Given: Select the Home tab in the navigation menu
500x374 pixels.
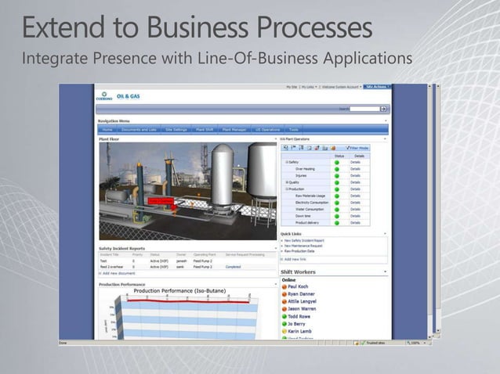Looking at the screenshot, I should [x=107, y=129].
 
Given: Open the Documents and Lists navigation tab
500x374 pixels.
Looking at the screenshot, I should [x=139, y=129].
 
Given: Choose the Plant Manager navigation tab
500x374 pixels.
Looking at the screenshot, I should [x=234, y=129].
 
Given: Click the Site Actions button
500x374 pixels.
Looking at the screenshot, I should [x=376, y=87].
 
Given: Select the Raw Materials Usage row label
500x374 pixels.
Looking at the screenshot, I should [x=311, y=196].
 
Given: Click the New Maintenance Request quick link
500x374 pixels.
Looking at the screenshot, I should [x=304, y=246].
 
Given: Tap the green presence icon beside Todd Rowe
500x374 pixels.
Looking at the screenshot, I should [x=285, y=316].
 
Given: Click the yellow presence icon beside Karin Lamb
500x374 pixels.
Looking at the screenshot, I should [x=285, y=332].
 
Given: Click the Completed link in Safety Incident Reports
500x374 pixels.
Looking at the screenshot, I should [x=233, y=267].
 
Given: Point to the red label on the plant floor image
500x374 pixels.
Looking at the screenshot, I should [x=161, y=201].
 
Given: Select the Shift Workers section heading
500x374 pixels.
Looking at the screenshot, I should [x=299, y=272].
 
